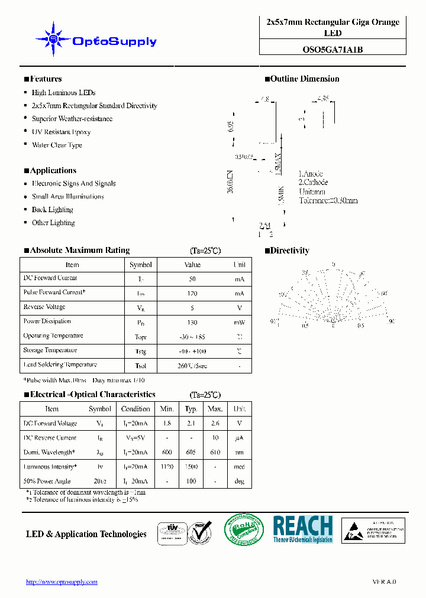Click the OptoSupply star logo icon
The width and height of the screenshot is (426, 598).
click(x=53, y=40)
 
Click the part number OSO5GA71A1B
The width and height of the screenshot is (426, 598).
click(x=333, y=50)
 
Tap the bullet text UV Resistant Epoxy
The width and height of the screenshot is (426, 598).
click(x=61, y=132)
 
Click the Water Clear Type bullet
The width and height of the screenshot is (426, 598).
click(x=57, y=145)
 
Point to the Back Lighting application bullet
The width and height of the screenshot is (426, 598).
click(x=52, y=210)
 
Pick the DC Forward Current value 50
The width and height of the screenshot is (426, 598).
click(x=192, y=278)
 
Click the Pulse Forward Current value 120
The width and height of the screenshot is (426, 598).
click(x=192, y=293)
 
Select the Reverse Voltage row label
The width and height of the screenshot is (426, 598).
click(x=44, y=307)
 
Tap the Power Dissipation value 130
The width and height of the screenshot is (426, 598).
click(x=192, y=322)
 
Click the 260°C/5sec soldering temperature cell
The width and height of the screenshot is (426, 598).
click(x=192, y=366)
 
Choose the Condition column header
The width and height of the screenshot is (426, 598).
click(x=135, y=409)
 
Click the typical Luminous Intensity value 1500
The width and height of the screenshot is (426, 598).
click(x=191, y=467)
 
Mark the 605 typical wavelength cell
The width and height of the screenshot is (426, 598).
click(x=191, y=453)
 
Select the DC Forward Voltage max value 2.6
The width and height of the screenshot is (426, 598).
click(x=215, y=424)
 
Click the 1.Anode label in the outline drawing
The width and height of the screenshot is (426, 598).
click(x=311, y=174)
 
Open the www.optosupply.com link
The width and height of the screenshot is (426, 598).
click(x=62, y=582)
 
